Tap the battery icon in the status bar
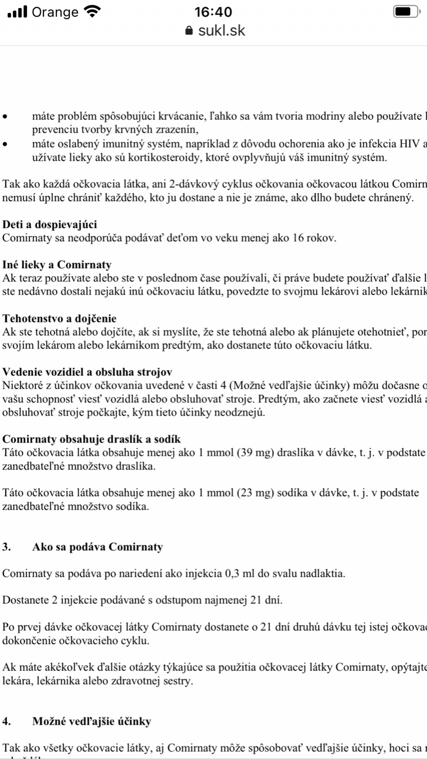coord(406,11)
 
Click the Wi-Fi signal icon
coord(92,11)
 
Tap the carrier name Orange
coord(55,12)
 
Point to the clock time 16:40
coord(213,12)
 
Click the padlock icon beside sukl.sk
coord(189,31)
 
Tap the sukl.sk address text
coord(221,31)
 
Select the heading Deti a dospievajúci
coord(49,224)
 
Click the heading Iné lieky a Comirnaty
coord(57,265)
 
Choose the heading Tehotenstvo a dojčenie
coord(59,318)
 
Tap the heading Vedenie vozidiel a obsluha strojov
coord(87,372)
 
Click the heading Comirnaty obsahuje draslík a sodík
coord(91,439)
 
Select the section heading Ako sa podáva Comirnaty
coord(97,547)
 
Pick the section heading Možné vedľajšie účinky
coord(92,722)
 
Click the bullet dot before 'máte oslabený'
coord(5,144)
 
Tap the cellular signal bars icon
coord(18,11)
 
